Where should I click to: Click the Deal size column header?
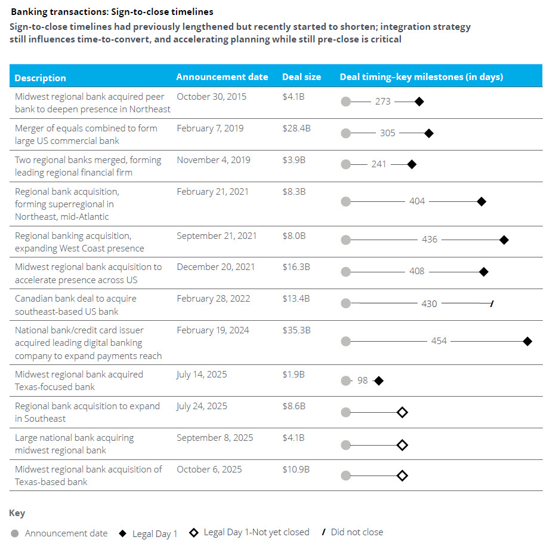coord(301,77)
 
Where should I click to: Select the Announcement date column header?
coord(222,77)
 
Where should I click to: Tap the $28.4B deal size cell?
coord(296,128)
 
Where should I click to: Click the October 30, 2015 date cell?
coord(211,97)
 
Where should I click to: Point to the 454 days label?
coord(438,341)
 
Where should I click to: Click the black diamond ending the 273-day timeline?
coord(419,102)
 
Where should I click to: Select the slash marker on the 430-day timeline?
coord(492,303)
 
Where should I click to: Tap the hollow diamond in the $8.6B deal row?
coord(402,412)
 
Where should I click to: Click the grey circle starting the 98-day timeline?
coord(346,381)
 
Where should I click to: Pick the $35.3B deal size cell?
coord(296,330)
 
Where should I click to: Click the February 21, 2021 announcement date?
coord(213,192)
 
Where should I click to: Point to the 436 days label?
coord(430,240)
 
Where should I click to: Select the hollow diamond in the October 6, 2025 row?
coord(402,475)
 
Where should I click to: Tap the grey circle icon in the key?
coord(14,533)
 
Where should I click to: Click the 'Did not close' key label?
coord(357,532)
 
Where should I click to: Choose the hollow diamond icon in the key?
coord(194,533)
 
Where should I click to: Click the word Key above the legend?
coord(17,513)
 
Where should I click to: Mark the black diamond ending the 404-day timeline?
coord(481,202)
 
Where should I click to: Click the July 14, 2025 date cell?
coord(202,375)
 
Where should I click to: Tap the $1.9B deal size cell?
coord(294,375)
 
